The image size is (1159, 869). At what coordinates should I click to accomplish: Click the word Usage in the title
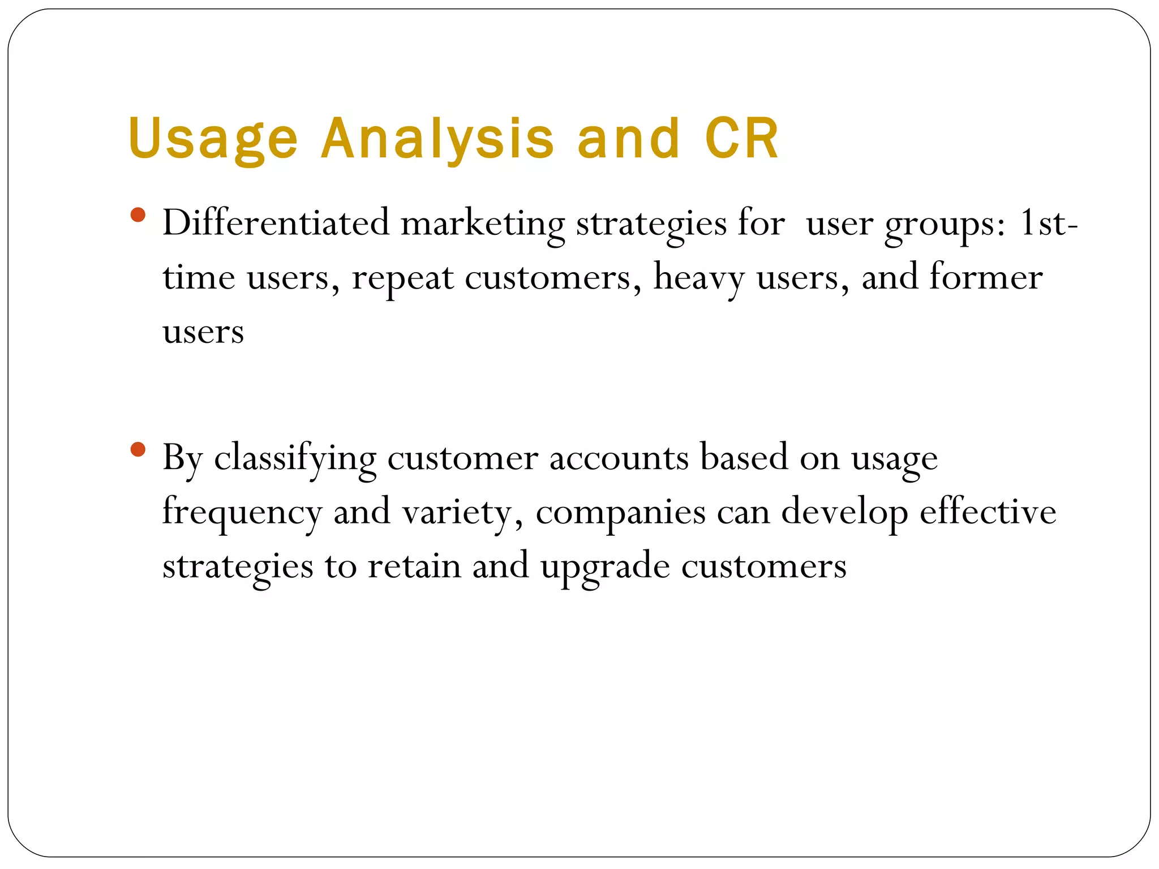(x=213, y=139)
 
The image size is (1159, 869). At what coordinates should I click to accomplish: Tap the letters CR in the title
(x=742, y=139)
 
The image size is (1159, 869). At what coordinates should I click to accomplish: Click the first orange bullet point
(x=138, y=216)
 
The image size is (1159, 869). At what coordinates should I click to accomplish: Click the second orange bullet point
(x=138, y=450)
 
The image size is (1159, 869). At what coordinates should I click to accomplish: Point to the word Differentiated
(x=276, y=223)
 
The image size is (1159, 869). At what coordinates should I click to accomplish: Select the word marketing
(x=483, y=224)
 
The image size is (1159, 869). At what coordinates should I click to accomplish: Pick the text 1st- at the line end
(x=1049, y=223)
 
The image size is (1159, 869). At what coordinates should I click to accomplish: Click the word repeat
(x=402, y=278)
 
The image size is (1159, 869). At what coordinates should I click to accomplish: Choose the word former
(x=986, y=277)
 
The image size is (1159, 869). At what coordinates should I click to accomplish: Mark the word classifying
(x=295, y=458)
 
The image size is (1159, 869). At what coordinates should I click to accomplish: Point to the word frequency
(x=242, y=513)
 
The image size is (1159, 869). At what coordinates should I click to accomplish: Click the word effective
(x=988, y=511)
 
